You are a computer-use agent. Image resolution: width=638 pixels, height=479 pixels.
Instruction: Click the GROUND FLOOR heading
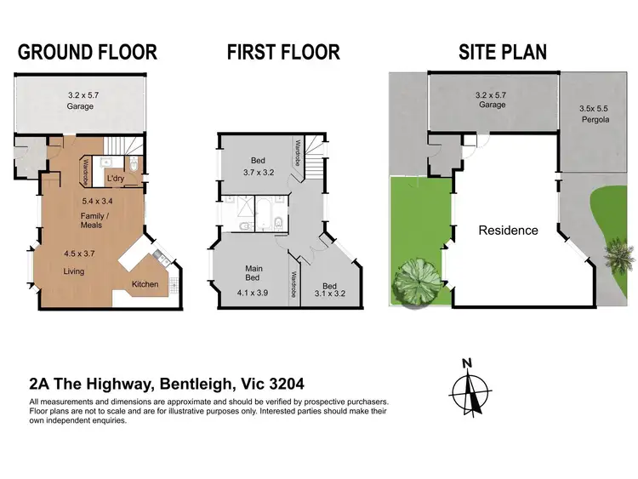tap(88, 52)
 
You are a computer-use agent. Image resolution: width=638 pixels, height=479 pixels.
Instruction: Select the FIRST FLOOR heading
tap(282, 52)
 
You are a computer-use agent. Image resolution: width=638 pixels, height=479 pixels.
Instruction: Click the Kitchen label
tap(144, 283)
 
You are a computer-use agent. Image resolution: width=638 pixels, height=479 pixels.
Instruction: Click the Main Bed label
tap(253, 274)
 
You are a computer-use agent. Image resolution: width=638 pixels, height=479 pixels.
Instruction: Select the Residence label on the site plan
tap(508, 231)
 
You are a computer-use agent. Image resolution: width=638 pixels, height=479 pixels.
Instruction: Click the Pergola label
tap(595, 120)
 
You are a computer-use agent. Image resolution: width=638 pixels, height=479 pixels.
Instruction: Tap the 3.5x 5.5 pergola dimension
tap(595, 109)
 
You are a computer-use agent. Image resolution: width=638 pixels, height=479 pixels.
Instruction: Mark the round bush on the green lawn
tap(416, 281)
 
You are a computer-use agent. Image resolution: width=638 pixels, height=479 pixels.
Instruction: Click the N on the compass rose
tap(466, 363)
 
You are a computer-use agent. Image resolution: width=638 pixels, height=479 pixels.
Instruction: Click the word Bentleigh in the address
tap(191, 384)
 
